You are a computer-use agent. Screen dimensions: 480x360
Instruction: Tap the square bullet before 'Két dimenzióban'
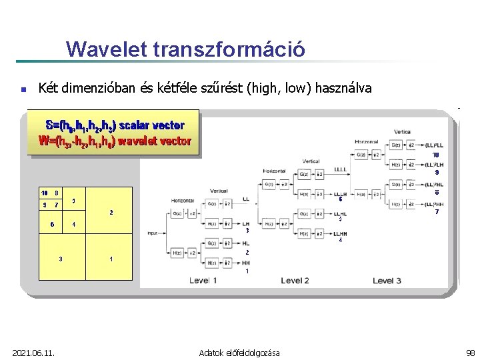23,89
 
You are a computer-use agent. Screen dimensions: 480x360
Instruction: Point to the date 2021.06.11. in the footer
33,352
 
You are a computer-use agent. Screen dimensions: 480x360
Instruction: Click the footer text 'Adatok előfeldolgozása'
239,352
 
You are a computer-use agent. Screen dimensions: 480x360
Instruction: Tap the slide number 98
470,352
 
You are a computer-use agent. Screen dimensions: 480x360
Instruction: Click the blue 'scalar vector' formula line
114,125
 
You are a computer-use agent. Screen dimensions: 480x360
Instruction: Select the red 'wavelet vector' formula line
115,141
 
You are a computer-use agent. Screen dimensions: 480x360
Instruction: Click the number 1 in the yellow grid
111,259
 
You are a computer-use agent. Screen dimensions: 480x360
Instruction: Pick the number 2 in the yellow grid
111,213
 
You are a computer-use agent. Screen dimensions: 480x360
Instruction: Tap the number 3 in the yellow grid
61,259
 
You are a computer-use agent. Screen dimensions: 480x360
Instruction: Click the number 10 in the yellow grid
45,193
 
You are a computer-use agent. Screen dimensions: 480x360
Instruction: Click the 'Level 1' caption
203,281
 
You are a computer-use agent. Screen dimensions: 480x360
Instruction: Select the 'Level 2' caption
295,281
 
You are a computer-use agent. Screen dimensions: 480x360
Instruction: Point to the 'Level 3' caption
387,281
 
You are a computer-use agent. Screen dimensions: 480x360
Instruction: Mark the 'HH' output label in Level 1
246,263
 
